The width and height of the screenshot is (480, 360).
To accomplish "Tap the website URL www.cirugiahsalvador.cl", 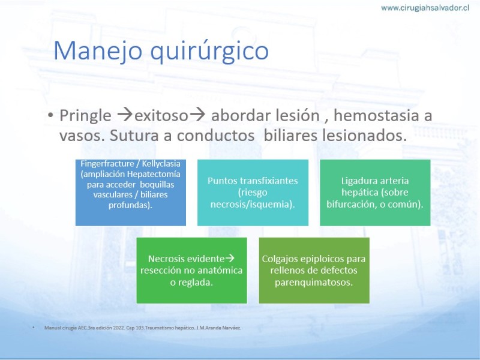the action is click(425, 8).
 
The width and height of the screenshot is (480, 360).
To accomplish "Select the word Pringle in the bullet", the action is click(85, 116).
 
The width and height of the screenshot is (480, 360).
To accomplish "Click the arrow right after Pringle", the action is click(125, 115).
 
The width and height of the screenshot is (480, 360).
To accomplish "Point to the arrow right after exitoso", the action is click(197, 115).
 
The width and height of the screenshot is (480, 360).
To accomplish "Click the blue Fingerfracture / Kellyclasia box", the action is click(131, 193).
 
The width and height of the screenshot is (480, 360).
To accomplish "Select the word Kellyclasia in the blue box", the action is click(161, 164).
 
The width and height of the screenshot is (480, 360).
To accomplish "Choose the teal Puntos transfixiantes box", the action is click(253, 193).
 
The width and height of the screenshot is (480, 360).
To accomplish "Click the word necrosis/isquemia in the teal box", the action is click(253, 204).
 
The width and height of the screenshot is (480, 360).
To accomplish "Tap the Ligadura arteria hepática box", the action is click(375, 193).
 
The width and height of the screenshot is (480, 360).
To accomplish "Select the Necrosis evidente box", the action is click(191, 271).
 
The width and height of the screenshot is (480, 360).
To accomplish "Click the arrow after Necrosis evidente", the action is click(230, 259).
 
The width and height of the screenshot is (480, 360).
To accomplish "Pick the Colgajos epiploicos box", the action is click(314, 271).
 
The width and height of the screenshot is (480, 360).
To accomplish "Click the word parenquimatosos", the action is click(314, 282).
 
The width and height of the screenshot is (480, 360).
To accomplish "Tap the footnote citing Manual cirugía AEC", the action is click(143, 328).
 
